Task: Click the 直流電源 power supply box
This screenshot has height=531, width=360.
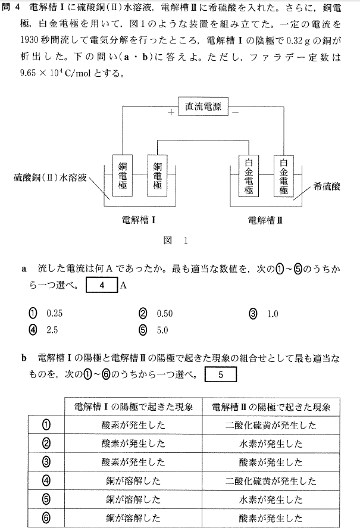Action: (203, 107)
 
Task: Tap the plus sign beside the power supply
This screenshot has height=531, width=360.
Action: (171, 111)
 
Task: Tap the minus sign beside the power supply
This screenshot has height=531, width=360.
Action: (236, 111)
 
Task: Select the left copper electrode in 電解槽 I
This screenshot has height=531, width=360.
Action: (122, 176)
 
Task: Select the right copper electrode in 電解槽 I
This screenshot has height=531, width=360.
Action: (157, 176)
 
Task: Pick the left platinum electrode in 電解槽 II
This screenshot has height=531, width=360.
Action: (249, 176)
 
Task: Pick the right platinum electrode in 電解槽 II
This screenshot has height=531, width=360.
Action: (283, 176)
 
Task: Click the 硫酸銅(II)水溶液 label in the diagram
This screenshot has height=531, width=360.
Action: (50, 177)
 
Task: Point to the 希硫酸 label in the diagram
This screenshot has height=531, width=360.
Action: (327, 186)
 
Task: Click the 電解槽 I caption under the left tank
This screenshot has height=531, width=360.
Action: (139, 220)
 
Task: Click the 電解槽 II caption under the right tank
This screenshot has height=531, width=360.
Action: (265, 220)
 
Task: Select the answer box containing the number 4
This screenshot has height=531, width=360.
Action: (102, 285)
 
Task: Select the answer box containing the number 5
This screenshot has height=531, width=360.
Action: (221, 374)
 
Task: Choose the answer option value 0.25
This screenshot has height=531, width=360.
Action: (55, 313)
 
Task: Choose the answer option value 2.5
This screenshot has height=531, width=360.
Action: (52, 330)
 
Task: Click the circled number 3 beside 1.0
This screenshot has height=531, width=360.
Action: (253, 314)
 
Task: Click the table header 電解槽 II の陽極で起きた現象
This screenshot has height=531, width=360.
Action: (271, 407)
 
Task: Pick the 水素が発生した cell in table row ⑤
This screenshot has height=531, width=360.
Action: (271, 499)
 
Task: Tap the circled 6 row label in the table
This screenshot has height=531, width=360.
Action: (46, 517)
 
